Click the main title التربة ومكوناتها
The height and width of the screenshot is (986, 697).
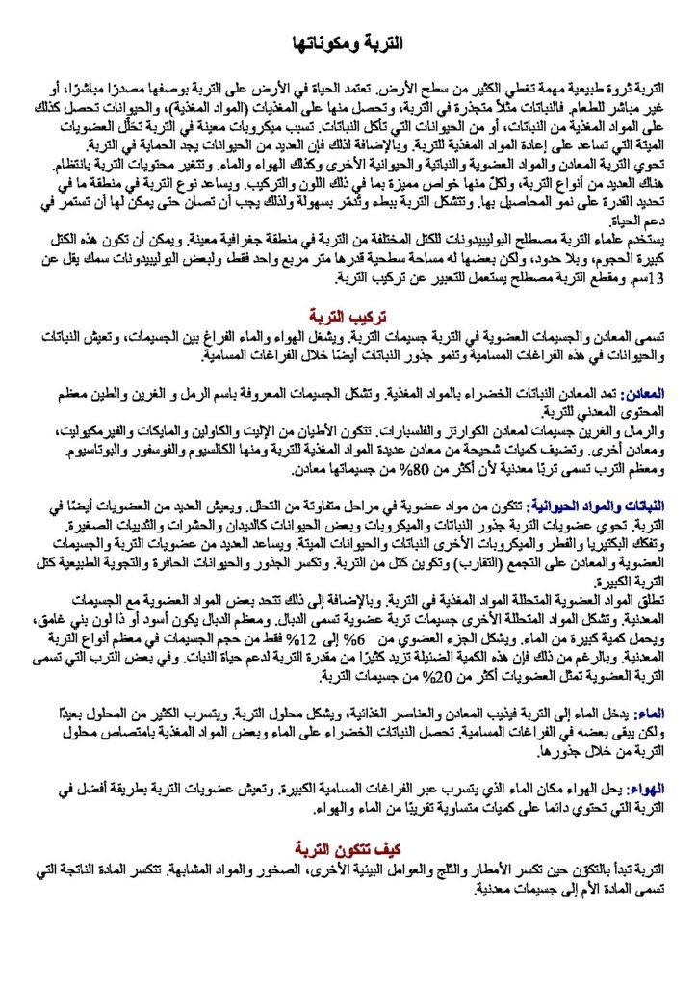(348, 44)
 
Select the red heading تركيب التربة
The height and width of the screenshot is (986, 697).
(348, 316)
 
